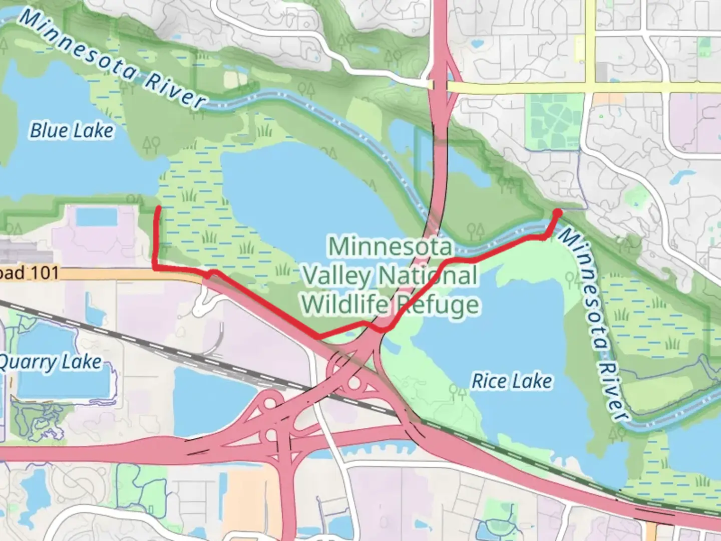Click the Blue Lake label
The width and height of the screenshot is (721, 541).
72,131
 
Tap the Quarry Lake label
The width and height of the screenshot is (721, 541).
50,362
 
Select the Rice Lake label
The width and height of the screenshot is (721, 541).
512,381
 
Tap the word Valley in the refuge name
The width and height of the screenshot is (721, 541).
341,276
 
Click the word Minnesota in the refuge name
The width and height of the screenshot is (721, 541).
390,246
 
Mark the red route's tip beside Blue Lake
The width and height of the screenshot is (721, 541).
159,207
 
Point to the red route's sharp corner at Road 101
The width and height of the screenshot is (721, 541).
155,268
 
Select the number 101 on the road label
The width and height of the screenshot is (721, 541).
45,273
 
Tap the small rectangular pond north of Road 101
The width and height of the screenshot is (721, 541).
97,217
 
